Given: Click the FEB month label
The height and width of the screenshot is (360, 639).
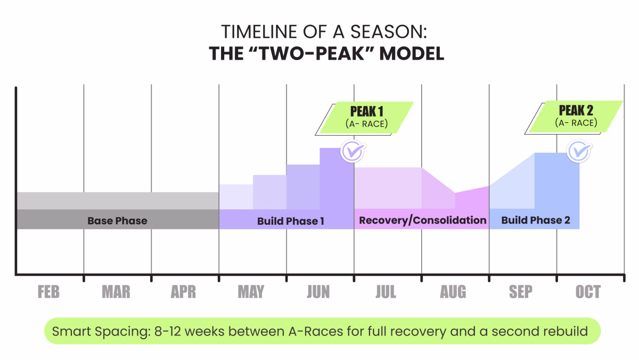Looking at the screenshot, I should tap(48, 292).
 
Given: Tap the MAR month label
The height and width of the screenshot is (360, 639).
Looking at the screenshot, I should tap(116, 292).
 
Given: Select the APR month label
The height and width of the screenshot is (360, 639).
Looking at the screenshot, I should tap(183, 292).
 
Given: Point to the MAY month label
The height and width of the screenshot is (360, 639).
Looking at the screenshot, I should tap(251, 292).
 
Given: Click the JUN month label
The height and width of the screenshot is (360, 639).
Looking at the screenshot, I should tap(318, 292).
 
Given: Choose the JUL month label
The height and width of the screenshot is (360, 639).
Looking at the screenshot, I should tap(386, 292).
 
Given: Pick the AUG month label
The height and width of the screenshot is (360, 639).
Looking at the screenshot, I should tap(453, 292).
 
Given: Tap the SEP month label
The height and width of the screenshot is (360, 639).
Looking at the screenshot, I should tap(520, 292).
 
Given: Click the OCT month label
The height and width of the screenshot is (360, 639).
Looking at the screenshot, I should tap(588, 292).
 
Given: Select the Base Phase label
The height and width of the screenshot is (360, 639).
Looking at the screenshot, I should tap(117, 220).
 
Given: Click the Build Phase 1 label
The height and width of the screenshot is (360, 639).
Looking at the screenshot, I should tap(290, 220).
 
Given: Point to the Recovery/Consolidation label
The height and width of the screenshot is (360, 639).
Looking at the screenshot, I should tap(423, 220).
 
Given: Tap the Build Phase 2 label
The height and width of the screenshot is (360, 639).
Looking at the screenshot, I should tap(535, 220).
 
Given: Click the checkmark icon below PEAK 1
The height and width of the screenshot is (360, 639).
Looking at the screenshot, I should tap(351, 151).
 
